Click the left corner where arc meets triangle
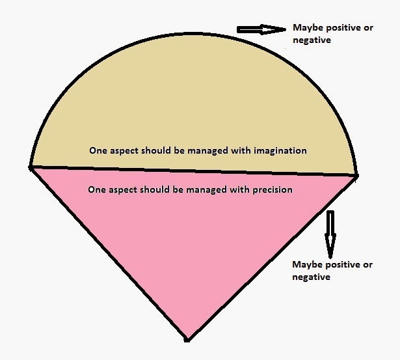pyautogui.click(x=31, y=167)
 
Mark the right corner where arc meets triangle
pyautogui.click(x=356, y=175)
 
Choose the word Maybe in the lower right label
pyautogui.click(x=306, y=264)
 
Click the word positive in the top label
pyautogui.click(x=341, y=28)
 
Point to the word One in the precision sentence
pyautogui.click(x=96, y=190)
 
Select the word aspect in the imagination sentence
pyautogui.click(x=126, y=150)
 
